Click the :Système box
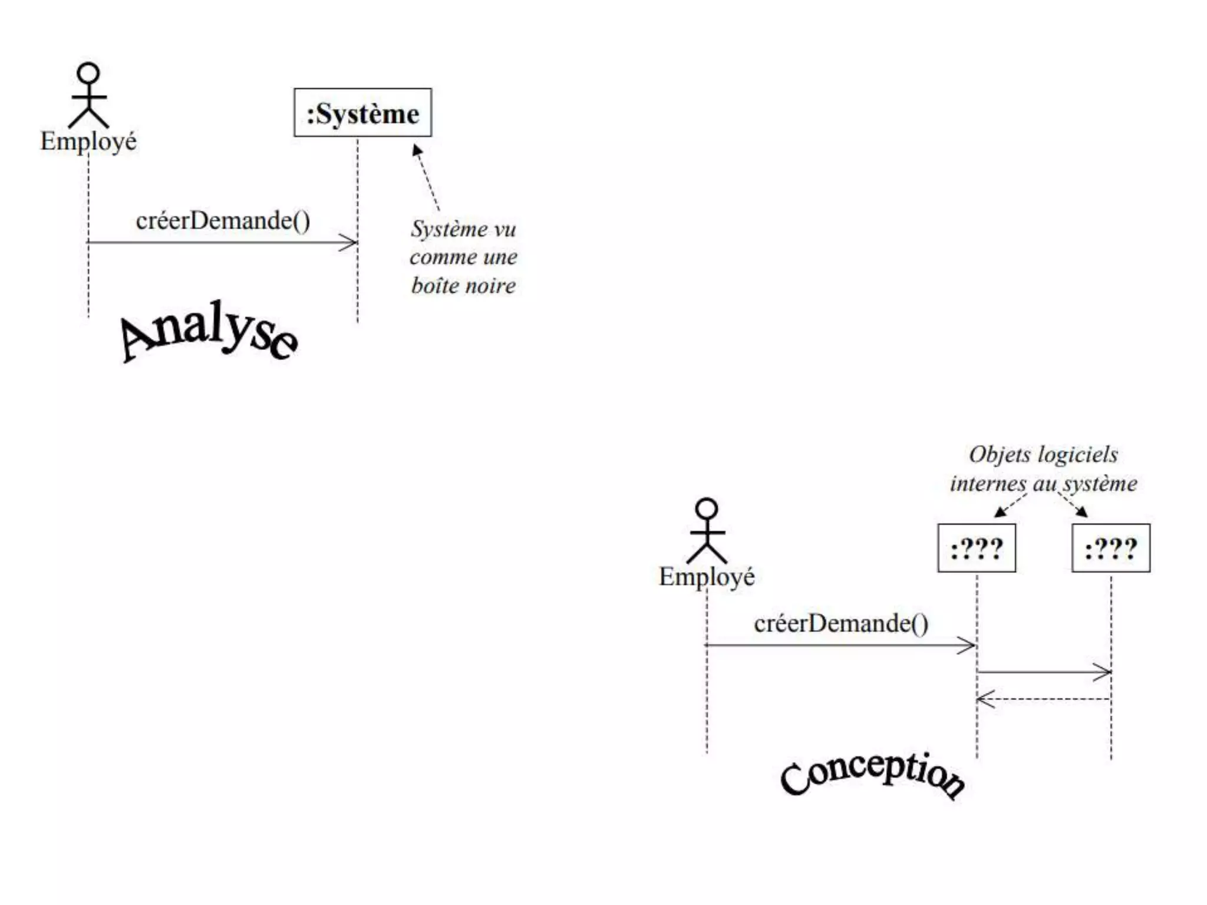[x=362, y=113]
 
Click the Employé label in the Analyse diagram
[x=88, y=141]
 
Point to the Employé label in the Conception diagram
[x=707, y=577]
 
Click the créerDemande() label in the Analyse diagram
[x=223, y=221]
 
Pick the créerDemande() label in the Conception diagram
[x=841, y=623]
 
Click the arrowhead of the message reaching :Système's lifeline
[x=350, y=242]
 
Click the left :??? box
[x=977, y=548]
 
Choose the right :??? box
[x=1110, y=548]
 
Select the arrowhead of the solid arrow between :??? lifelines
[x=1104, y=672]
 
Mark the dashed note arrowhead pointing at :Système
[x=417, y=150]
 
